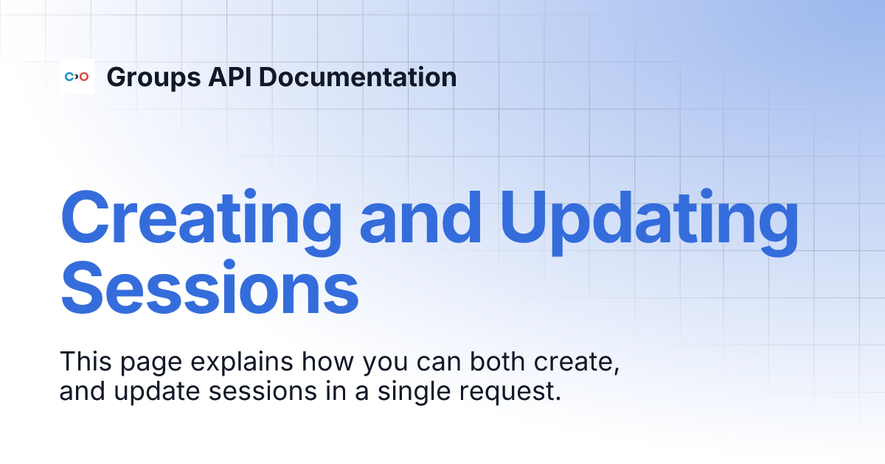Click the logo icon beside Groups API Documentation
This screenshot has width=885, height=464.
pos(77,77)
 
